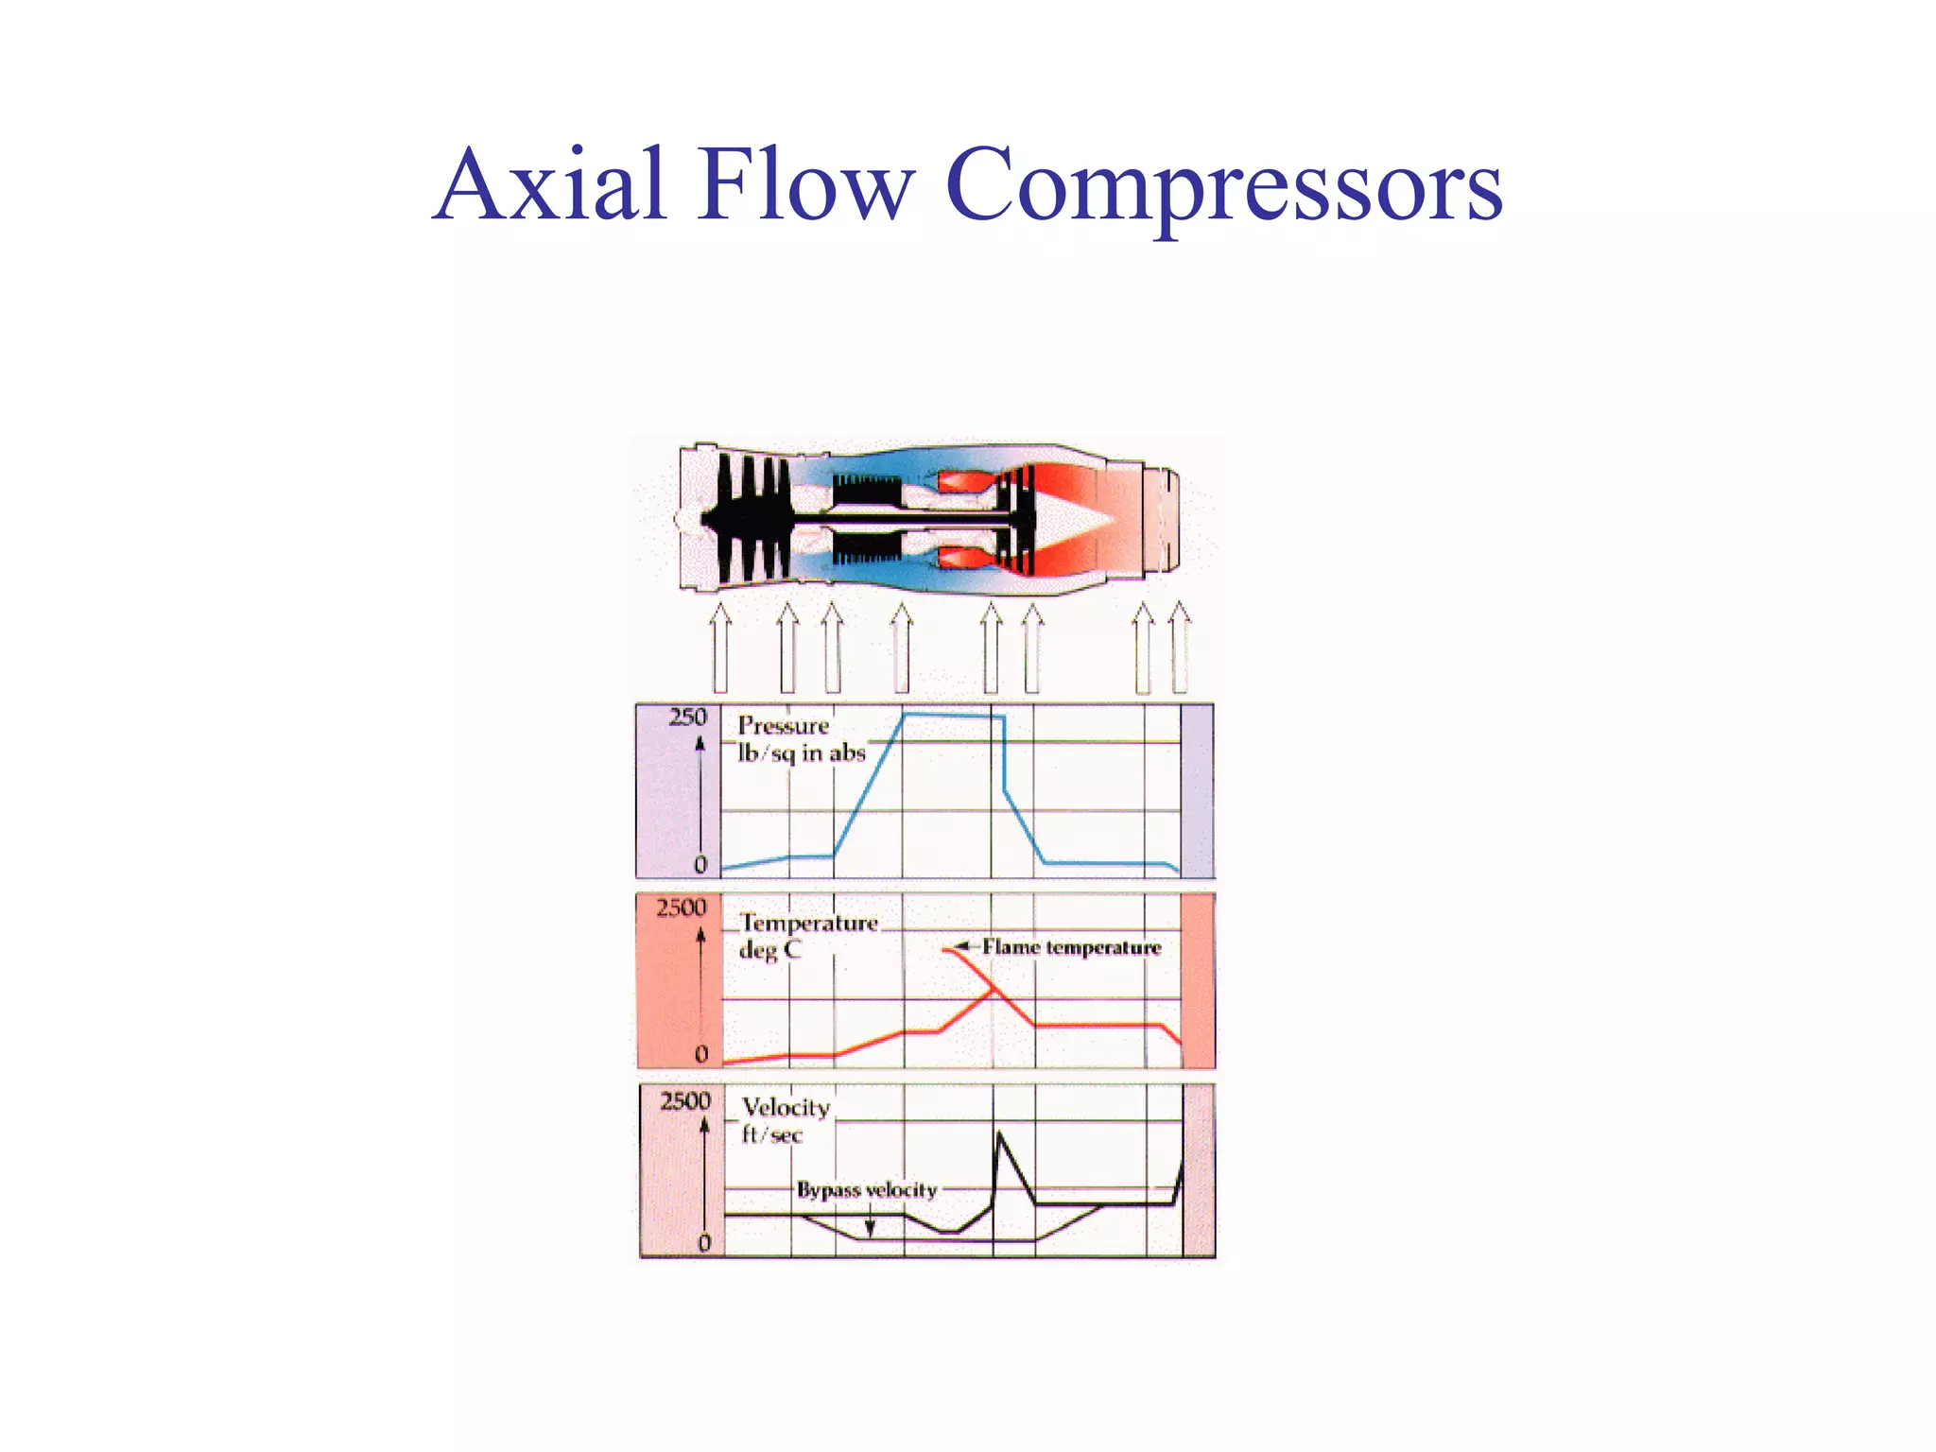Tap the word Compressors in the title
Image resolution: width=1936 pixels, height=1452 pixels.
pyautogui.click(x=1223, y=186)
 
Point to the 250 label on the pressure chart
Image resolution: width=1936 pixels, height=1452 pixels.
pyautogui.click(x=687, y=717)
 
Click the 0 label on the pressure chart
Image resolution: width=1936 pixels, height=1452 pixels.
pyautogui.click(x=700, y=864)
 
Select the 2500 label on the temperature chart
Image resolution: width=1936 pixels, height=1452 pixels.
pyautogui.click(x=682, y=908)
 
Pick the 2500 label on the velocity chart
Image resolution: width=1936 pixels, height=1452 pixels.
pyautogui.click(x=685, y=1101)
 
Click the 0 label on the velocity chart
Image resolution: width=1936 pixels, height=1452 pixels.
pyautogui.click(x=704, y=1243)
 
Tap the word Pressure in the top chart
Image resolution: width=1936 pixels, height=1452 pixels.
pyautogui.click(x=783, y=725)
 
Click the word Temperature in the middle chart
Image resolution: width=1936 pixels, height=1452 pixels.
pyautogui.click(x=809, y=923)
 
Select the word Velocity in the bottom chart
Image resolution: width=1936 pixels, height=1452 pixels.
pyautogui.click(x=786, y=1107)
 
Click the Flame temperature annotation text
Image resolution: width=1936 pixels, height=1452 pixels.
pyautogui.click(x=1071, y=947)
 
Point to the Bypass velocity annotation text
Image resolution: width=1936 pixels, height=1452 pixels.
pyautogui.click(x=867, y=1189)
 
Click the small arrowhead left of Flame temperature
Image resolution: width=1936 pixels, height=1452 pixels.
pyautogui.click(x=961, y=946)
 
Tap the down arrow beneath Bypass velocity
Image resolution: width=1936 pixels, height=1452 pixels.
pyautogui.click(x=870, y=1227)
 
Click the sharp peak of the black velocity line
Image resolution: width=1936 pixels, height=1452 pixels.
pyautogui.click(x=1000, y=1133)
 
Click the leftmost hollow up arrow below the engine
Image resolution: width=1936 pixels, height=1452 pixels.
pyautogui.click(x=720, y=648)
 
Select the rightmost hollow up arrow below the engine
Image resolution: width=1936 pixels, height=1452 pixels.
pyautogui.click(x=1179, y=648)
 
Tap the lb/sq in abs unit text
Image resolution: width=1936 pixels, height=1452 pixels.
pyautogui.click(x=802, y=753)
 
